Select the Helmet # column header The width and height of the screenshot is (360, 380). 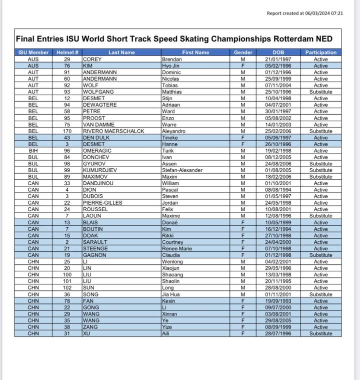point(67,53)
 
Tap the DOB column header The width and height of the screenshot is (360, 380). point(278,53)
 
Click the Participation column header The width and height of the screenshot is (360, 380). point(320,53)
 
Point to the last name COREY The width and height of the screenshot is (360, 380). point(92,59)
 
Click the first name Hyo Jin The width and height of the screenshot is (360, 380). point(170,66)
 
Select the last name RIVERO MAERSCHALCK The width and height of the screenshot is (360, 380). point(113,131)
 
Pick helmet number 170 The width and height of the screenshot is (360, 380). point(67,131)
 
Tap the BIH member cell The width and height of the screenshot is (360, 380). point(33,151)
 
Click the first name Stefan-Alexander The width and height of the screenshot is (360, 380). point(182,170)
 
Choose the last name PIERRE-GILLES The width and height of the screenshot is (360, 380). point(102,203)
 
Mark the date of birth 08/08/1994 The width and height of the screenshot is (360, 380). point(278,190)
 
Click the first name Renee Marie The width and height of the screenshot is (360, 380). point(176,249)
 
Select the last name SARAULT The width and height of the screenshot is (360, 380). point(95,242)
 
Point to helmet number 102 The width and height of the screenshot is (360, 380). point(67,288)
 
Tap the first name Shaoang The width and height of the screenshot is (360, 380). point(172,275)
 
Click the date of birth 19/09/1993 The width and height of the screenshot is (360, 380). point(278,301)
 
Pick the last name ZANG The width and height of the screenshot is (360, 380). point(90,327)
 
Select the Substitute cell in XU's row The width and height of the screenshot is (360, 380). point(320,333)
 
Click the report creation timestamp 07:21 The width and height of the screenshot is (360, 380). point(336,14)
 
